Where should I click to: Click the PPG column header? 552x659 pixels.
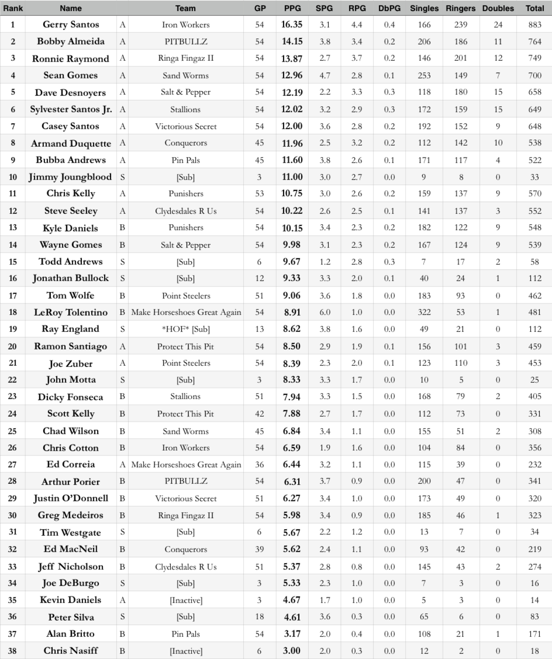tap(292, 8)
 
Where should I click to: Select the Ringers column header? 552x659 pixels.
tap(460, 8)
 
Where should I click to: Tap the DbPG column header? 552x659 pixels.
tap(389, 8)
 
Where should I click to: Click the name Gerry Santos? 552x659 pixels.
tap(71, 24)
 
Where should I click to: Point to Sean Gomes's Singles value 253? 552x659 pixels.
tap(424, 75)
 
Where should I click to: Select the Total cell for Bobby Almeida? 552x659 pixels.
tap(534, 41)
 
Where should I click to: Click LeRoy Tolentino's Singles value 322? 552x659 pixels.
tap(424, 312)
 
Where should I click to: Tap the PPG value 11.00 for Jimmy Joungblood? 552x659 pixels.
tap(292, 177)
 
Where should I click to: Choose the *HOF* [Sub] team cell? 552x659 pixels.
tap(186, 329)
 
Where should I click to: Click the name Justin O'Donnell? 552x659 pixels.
tap(71, 498)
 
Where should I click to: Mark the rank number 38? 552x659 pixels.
tap(12, 651)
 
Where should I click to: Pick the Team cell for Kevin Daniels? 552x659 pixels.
tap(186, 600)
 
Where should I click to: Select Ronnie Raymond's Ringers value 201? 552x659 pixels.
tap(460, 58)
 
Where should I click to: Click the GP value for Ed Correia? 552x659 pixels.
tap(259, 465)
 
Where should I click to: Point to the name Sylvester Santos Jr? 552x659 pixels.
tap(71, 109)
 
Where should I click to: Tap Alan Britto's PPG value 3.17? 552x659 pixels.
tap(292, 634)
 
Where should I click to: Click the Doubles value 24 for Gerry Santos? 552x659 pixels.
tap(498, 24)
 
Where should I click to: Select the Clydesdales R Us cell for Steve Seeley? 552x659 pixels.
tap(186, 211)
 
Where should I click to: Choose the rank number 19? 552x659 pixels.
tap(12, 329)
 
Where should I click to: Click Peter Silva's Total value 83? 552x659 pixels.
tap(534, 617)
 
